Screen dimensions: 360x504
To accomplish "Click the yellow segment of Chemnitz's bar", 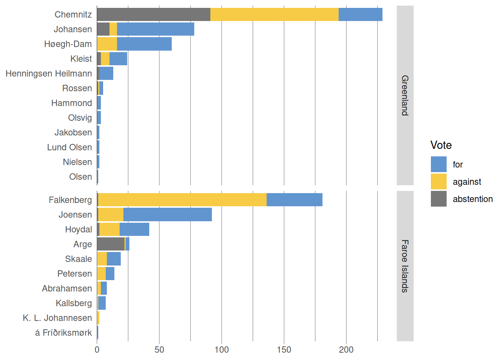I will [x=274, y=15].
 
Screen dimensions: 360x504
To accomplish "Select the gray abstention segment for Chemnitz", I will [x=153, y=15].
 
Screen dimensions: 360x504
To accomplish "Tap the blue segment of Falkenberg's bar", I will [x=294, y=200].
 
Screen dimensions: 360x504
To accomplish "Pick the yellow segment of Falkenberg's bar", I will [x=182, y=200].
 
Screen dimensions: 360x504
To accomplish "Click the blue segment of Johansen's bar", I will [x=155, y=29].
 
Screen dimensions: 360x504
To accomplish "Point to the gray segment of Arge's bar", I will [x=111, y=244].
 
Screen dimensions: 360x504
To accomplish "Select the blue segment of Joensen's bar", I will [x=167, y=214].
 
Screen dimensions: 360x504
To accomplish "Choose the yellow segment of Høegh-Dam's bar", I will [x=107, y=44].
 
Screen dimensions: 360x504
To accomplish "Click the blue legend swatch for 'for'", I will [x=438, y=164].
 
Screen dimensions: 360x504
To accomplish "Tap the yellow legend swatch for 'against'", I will [x=438, y=181].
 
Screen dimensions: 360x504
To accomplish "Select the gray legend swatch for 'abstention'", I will [x=438, y=199].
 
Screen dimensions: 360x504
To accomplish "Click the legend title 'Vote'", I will [x=441, y=145].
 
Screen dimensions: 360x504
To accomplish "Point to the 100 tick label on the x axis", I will [x=222, y=350].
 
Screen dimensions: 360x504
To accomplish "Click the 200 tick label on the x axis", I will [x=346, y=350].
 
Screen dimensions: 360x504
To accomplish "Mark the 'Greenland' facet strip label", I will [x=405, y=95].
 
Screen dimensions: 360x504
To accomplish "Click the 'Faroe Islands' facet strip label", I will [x=405, y=266].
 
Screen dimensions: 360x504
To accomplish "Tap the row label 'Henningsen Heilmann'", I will [x=49, y=73].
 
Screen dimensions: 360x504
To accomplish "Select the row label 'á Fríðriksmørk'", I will [x=63, y=333].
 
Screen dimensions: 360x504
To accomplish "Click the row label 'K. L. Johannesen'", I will [x=57, y=318].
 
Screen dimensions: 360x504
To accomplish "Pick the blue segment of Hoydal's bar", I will [x=134, y=229].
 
